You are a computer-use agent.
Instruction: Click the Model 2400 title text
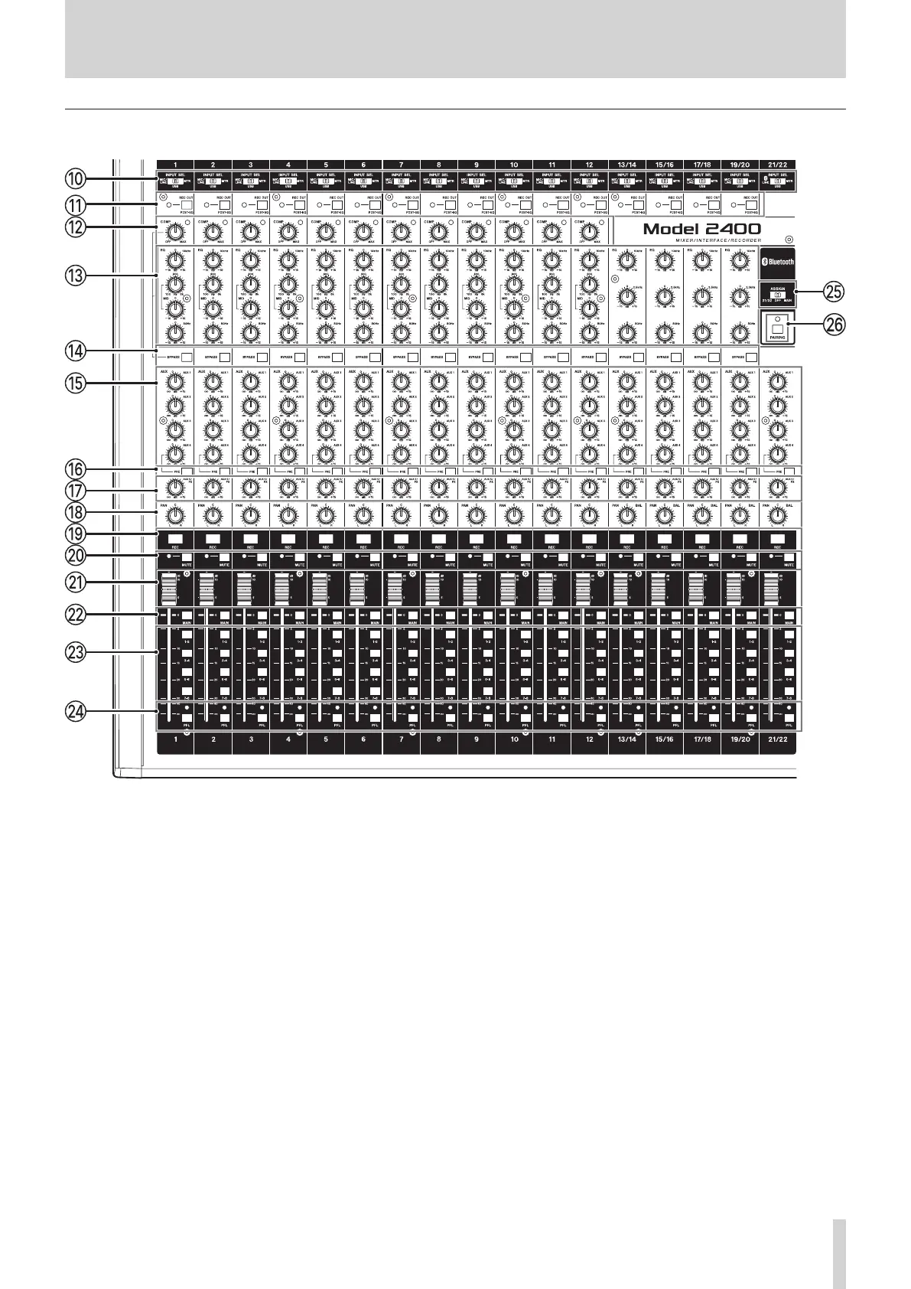tap(701, 229)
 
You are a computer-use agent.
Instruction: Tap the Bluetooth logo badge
tap(778, 261)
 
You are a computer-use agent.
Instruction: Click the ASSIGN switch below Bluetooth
tap(777, 294)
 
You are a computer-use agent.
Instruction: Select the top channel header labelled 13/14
tap(626, 164)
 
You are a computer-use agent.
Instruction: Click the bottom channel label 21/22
tap(777, 740)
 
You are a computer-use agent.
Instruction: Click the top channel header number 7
tap(401, 164)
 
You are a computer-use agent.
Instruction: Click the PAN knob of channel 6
tap(363, 517)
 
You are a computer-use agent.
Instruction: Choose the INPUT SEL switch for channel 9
tap(476, 181)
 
